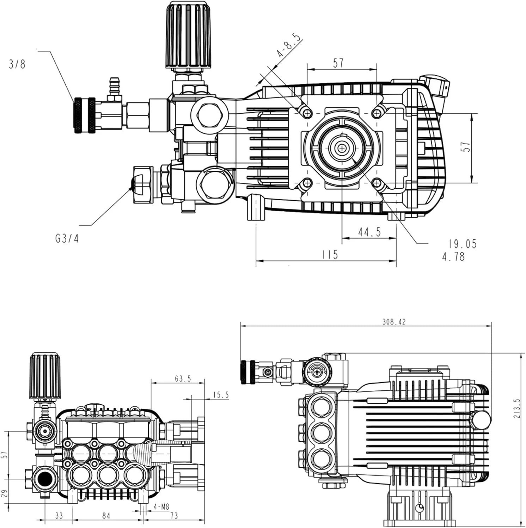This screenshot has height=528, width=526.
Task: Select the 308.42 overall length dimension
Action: [394, 322]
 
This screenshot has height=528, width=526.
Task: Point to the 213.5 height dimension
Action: [517, 408]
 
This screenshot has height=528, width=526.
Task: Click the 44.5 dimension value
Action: [369, 232]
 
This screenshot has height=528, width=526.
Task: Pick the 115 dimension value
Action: [330, 254]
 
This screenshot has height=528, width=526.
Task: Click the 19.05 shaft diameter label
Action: [463, 244]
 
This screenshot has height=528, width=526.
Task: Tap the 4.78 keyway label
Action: [454, 257]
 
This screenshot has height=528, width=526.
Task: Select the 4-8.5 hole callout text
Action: [290, 46]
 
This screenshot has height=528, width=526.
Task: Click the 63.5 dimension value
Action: [183, 379]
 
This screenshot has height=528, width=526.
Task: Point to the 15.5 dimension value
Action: [221, 395]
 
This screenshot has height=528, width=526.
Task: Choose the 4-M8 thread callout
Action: [161, 507]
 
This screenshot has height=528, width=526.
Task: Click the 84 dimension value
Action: [106, 516]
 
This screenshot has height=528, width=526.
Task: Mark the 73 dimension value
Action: [174, 516]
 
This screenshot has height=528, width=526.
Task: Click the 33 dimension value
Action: [59, 516]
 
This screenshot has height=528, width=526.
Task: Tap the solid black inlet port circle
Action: [45, 479]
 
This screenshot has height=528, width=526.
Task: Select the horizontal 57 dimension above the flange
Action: [338, 63]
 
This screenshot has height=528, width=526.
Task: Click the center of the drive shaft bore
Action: [342, 148]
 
